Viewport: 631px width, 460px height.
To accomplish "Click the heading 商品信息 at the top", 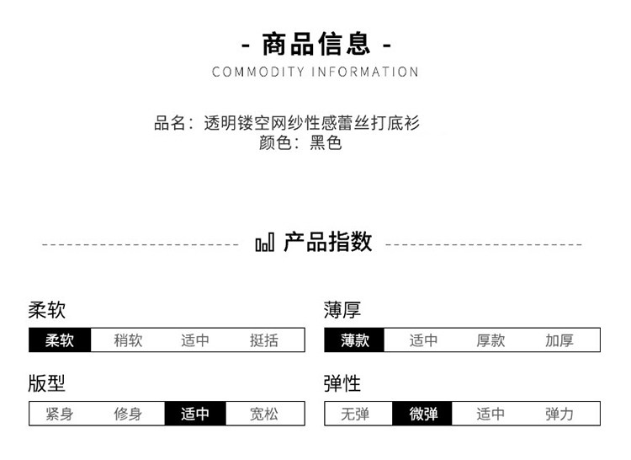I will pos(315,43).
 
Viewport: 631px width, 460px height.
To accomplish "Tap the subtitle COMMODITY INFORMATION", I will pos(315,72).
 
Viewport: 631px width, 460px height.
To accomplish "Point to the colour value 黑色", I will pos(326,143).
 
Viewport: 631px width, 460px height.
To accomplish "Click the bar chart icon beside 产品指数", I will pos(264,243).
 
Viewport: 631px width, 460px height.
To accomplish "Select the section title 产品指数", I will pos(328,243).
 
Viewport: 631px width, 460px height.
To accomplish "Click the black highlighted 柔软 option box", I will pos(60,340).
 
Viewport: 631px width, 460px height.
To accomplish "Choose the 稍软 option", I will pos(128,340).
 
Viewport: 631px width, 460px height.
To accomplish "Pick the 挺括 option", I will pos(264,340).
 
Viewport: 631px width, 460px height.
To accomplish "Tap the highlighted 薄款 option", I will pos(355,340).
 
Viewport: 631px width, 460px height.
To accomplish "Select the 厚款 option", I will pos(490,340).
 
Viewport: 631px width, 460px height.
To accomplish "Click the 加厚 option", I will pos(559,340).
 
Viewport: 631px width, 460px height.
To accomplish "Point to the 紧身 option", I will pos(60,414).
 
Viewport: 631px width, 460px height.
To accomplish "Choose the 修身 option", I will pos(128,414).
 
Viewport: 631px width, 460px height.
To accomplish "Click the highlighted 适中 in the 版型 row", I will pos(196,414).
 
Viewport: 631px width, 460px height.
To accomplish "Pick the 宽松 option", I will pos(264,414).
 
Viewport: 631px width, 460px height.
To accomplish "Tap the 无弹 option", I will pos(355,414).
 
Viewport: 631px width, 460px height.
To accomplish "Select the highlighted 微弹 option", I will pos(423,414).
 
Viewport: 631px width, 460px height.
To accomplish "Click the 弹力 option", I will pos(559,414).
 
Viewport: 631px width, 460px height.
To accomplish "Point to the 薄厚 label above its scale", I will pos(342,311).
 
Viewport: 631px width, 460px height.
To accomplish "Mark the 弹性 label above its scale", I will pos(342,384).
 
